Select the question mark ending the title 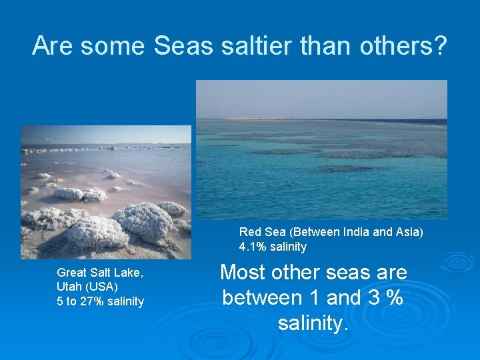(x=439, y=45)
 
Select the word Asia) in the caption (x=408, y=232)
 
